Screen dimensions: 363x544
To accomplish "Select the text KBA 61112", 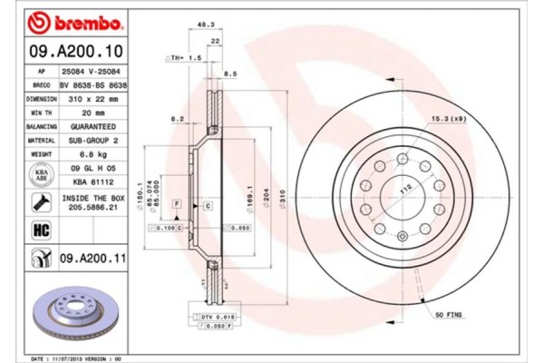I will (91, 181).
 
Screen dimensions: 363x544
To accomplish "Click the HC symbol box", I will (41, 230).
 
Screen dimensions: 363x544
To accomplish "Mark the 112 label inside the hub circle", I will (406, 188).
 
